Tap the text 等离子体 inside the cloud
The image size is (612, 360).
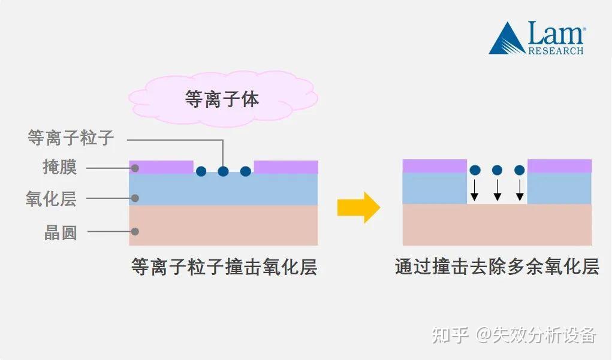point(222,99)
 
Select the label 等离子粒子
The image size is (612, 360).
point(71,138)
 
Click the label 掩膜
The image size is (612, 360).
point(60,167)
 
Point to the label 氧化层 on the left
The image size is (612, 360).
point(51,198)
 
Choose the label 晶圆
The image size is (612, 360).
point(60,232)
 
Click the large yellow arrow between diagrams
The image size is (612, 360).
point(358,207)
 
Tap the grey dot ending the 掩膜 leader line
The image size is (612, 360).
point(135,168)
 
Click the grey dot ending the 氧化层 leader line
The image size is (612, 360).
point(135,198)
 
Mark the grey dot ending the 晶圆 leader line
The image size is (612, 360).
point(135,231)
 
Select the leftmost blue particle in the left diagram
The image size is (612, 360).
point(201,171)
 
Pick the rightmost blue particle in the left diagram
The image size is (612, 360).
point(246,171)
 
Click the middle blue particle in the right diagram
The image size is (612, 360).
point(498,170)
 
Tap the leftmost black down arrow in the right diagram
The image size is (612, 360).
point(475,190)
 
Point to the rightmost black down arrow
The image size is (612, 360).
point(520,190)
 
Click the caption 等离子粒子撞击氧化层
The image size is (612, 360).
point(224,267)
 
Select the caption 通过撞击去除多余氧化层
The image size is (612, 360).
point(497,267)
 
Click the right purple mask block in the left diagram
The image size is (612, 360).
point(286,167)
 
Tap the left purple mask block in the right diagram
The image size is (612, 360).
point(435,166)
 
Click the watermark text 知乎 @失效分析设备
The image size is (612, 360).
point(514,335)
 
